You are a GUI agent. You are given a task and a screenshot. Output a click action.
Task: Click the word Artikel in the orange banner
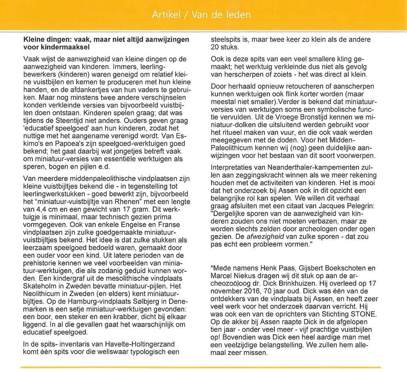166,15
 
